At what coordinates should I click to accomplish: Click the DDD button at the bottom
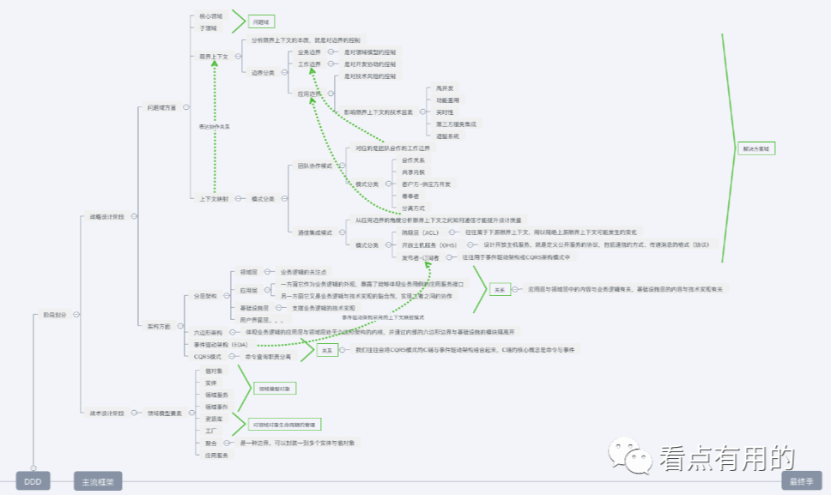point(33,481)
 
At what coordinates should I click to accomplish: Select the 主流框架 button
point(98,481)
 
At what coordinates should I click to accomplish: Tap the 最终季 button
point(801,481)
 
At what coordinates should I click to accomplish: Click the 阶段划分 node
point(54,315)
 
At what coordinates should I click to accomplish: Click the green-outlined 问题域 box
point(262,21)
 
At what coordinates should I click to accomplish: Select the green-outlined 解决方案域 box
point(755,148)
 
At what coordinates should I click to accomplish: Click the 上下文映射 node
point(214,199)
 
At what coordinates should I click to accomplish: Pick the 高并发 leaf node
point(445,88)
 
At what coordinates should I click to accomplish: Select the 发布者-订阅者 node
point(420,257)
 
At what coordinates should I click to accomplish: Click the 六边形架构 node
point(208,331)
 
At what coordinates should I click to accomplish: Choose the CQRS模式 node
point(208,356)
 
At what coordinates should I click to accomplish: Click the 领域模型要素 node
point(165,413)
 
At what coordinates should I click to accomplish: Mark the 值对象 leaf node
point(214,371)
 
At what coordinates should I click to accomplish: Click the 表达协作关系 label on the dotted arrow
point(214,126)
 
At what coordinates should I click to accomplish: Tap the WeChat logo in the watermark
point(629,457)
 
